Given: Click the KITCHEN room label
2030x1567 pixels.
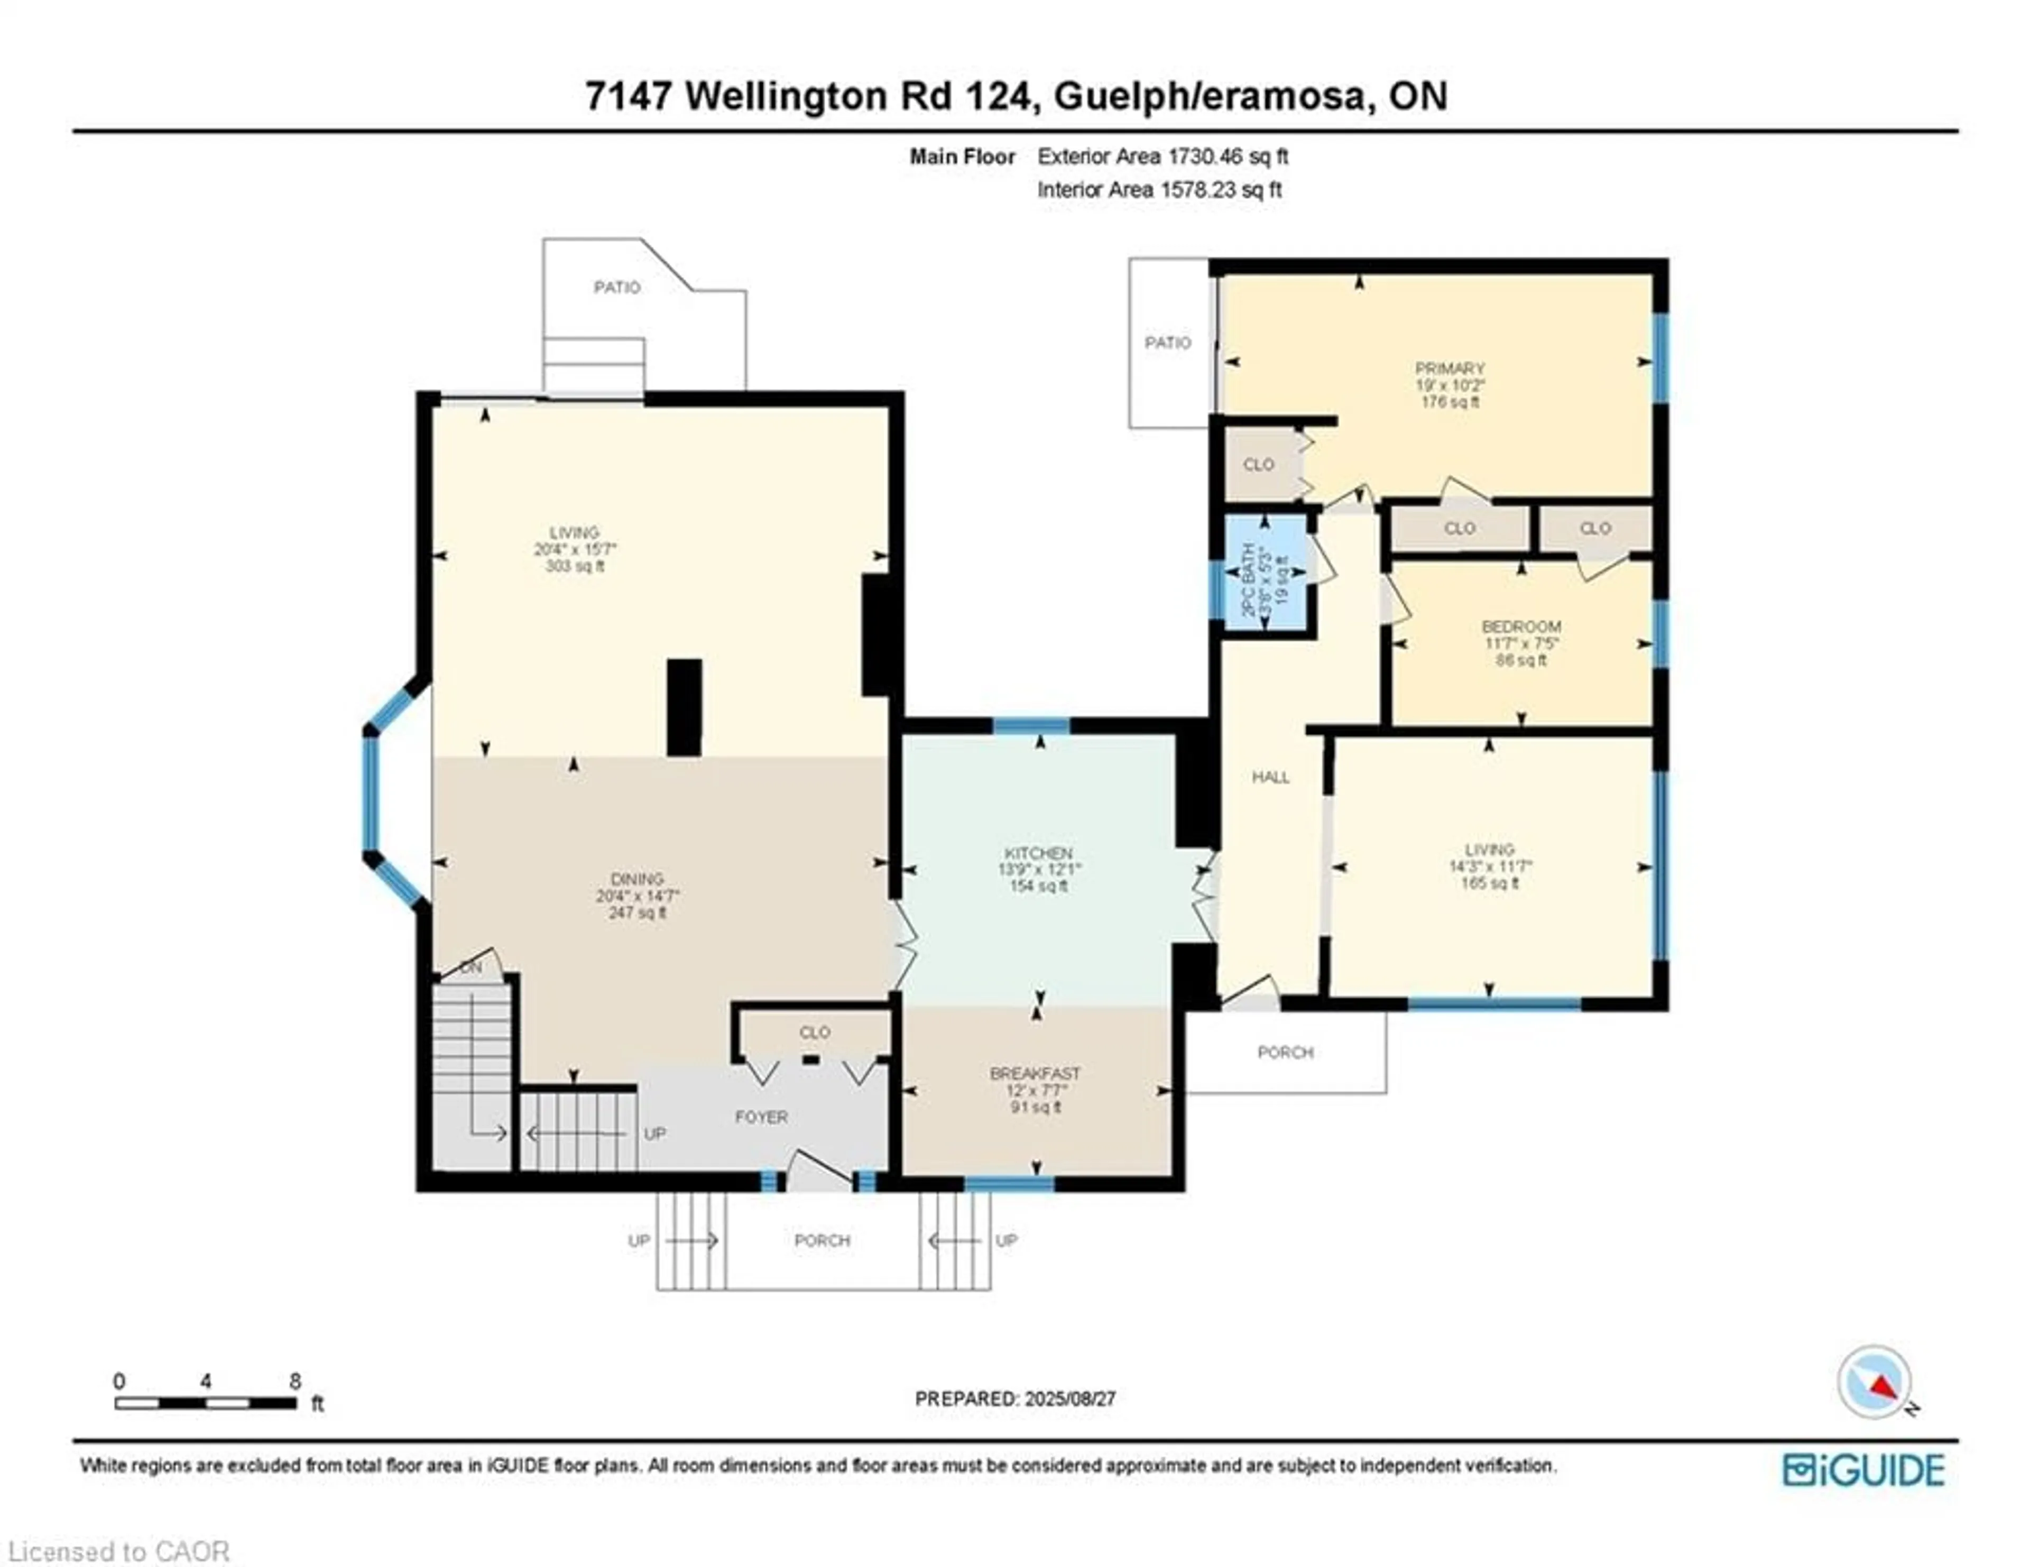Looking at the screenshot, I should pos(1038,852).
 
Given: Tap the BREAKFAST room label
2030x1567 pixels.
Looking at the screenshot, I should pos(1035,1073).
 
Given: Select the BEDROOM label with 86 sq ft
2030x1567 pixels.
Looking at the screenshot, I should pos(1520,626).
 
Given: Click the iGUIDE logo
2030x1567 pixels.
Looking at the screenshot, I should pos(1863,1469).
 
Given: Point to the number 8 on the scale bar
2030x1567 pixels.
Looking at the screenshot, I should pos(294,1381).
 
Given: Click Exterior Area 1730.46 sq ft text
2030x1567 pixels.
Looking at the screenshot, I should pos(1162,156).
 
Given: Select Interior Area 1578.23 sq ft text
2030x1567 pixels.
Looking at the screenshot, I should pos(1159,190).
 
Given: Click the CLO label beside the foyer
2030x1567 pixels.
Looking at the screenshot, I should pos(814,1033).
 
